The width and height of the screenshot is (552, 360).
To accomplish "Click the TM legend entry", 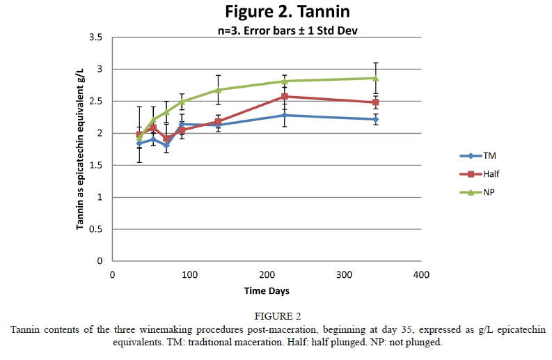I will coord(477,157).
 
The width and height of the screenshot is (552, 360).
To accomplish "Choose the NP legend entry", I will coord(477,191).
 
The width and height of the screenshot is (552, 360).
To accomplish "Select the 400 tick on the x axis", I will coord(420,274).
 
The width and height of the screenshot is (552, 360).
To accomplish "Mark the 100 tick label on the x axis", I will coord(189,274).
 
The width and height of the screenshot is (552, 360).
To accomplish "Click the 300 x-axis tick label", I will coord(344,274).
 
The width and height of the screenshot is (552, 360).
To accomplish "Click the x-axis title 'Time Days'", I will coord(267,290).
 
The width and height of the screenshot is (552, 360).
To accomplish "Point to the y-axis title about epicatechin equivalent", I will coord(80,149).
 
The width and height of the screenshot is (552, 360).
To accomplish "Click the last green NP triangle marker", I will coord(375,78).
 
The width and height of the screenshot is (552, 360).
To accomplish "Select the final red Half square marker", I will coord(375,102).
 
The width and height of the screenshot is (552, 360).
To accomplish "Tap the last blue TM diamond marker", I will coord(375,119).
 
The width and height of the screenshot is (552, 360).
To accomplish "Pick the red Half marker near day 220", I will coord(284,97).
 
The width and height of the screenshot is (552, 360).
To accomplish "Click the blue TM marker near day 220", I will coord(284,115).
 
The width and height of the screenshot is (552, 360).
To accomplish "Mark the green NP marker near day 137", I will coord(218,90).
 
